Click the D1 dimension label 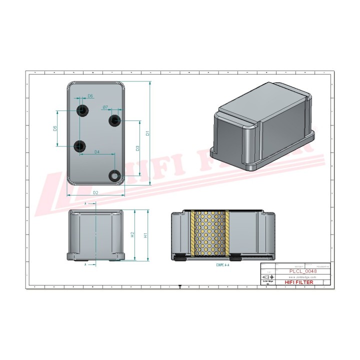tap(147, 132)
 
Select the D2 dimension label tap(95, 192)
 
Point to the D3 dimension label tap(137, 148)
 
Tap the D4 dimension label tap(96, 151)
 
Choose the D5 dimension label tap(55, 128)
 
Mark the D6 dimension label tap(90, 95)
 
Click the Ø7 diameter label tap(105, 107)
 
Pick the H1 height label tap(144, 235)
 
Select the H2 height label tap(132, 235)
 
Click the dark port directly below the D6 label tap(81, 109)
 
